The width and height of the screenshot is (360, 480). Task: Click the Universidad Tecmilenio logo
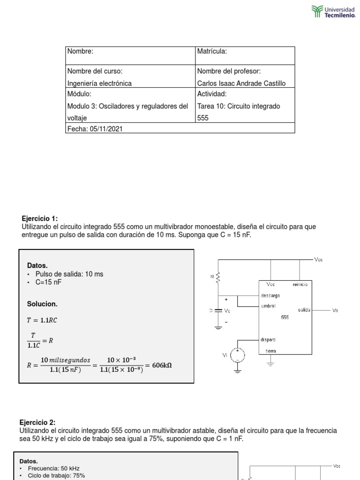click(x=333, y=12)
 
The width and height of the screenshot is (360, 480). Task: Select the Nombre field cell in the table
click(x=130, y=55)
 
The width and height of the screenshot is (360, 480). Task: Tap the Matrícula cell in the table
click(x=245, y=55)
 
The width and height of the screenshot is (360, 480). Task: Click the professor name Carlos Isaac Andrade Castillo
click(x=241, y=83)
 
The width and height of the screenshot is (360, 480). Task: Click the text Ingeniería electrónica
click(x=99, y=83)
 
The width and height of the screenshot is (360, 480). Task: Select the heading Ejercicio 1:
click(x=40, y=218)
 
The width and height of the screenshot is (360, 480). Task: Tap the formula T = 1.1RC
click(x=43, y=320)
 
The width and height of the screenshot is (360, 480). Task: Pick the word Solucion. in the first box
click(x=42, y=304)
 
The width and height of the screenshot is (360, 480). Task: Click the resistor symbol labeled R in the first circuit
click(x=218, y=279)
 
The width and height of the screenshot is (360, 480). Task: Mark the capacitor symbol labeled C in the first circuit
click(x=218, y=311)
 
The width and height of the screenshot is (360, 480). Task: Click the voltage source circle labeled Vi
click(x=238, y=356)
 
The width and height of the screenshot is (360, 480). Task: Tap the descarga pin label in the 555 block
click(x=270, y=296)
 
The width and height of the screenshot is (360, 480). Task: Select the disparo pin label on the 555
click(x=269, y=339)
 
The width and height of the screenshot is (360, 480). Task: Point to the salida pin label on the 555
click(x=304, y=310)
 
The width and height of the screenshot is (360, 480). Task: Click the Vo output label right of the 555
click(x=335, y=310)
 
